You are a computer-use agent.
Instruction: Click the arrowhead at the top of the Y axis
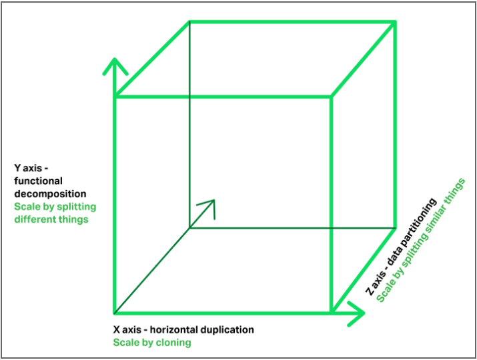point(115,65)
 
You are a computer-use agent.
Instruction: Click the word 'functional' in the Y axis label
point(39,181)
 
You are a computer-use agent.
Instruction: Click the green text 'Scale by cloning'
point(151,343)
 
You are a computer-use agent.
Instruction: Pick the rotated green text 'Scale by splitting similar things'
point(420,240)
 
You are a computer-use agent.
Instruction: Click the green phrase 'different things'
point(51,219)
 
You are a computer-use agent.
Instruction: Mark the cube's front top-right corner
point(331,97)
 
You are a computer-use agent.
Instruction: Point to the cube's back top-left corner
point(190,23)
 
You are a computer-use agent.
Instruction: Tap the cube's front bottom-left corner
point(115,312)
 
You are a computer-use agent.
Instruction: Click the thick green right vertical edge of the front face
point(331,200)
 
